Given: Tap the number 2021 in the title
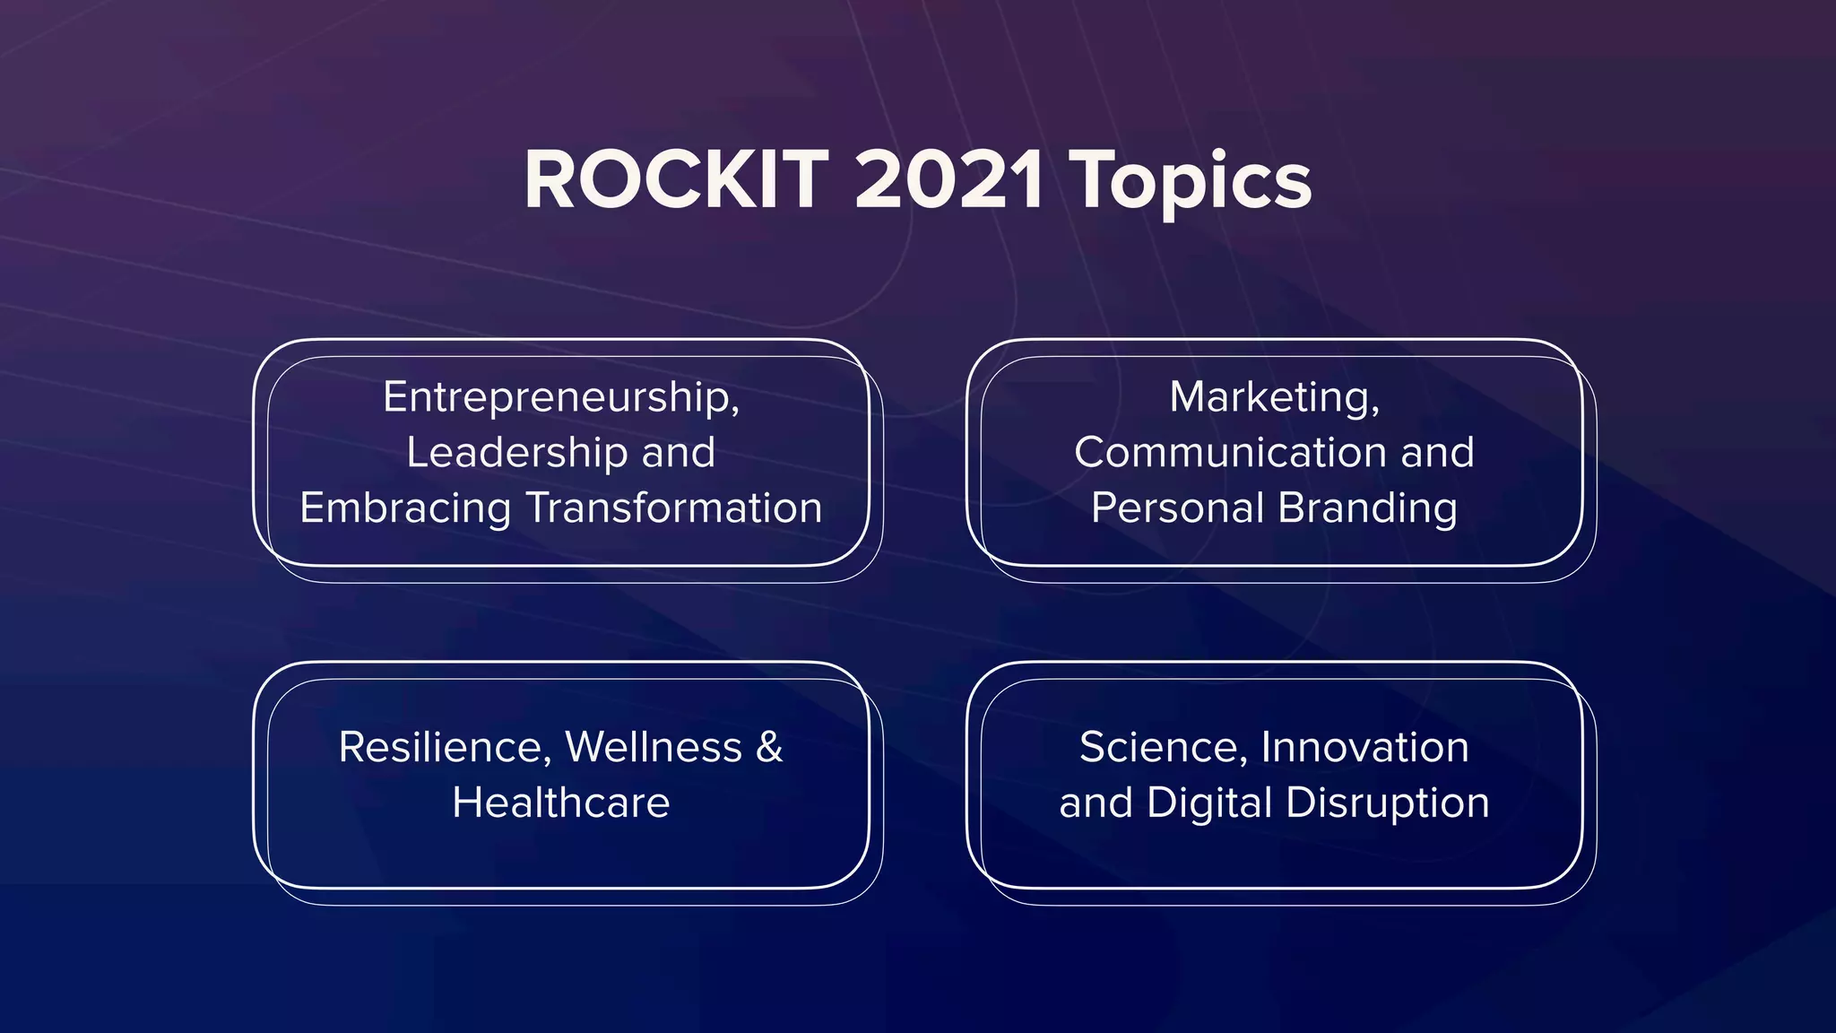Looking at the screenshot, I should (x=948, y=180).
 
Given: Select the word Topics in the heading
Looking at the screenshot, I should (x=1192, y=182).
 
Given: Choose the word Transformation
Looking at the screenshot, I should (x=674, y=508).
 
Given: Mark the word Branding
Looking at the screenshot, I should (x=1368, y=508).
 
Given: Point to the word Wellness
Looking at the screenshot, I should (x=654, y=747).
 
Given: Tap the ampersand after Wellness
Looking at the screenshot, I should (x=769, y=747).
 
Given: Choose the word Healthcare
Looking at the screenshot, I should (x=561, y=803).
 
